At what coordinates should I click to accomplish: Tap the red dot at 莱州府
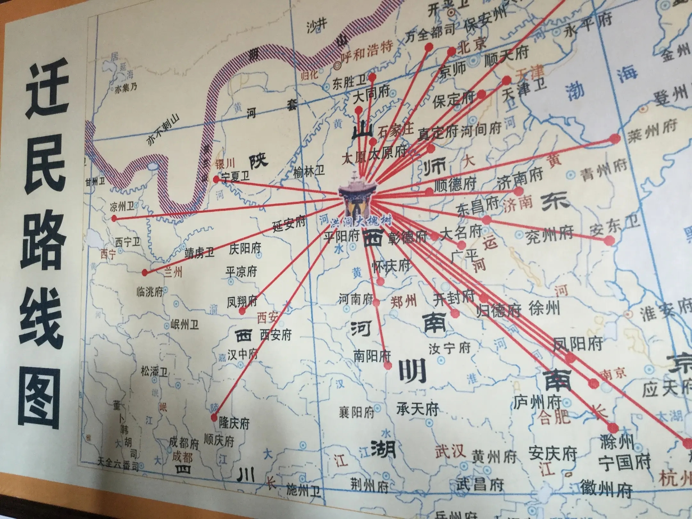coord(614,139)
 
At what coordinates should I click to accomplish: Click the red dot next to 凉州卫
coord(114,218)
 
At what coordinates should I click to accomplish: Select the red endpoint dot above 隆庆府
coord(214,417)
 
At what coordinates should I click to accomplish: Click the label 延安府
coord(289,223)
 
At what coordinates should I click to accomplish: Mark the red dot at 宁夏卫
coord(216,180)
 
